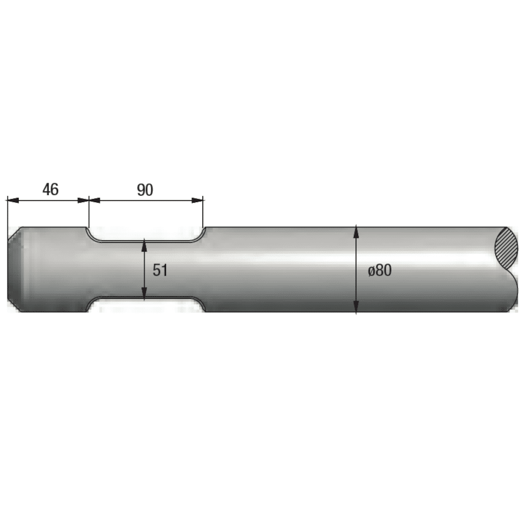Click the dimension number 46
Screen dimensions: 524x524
(x=51, y=189)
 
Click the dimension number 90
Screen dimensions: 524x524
(x=145, y=190)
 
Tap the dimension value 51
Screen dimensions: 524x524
(x=160, y=270)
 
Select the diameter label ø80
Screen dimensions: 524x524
(x=380, y=270)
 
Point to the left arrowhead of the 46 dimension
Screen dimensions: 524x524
(x=12, y=200)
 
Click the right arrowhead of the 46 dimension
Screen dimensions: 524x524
(x=83, y=200)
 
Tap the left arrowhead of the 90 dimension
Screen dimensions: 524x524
(x=94, y=200)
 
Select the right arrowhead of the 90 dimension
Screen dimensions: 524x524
(x=197, y=200)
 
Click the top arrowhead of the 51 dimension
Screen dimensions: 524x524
(x=144, y=245)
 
